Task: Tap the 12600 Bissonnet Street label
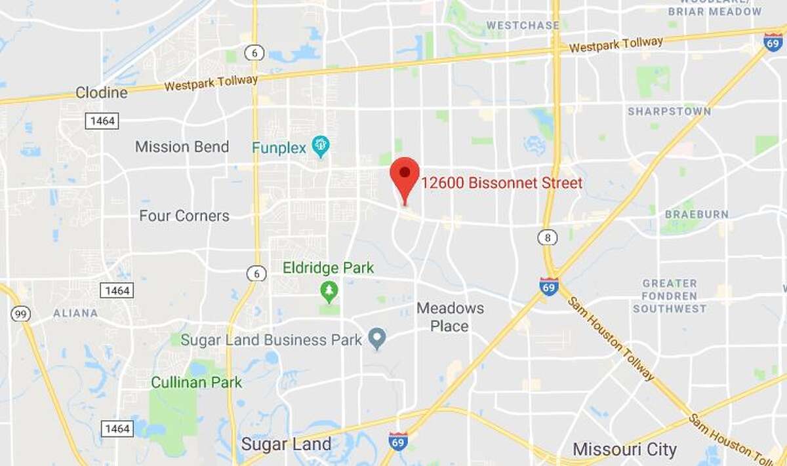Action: (502, 184)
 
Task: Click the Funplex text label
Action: (279, 148)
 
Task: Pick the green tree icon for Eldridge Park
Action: (329, 289)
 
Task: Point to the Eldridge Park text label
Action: (328, 268)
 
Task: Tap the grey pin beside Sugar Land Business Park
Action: (376, 339)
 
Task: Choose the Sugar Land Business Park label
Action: (271, 340)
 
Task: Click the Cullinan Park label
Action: (196, 382)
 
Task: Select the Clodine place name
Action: (101, 92)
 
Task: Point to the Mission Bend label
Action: (182, 147)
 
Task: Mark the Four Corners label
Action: (184, 216)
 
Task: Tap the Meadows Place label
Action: (450, 317)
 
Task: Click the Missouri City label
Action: (624, 450)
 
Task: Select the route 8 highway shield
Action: (547, 237)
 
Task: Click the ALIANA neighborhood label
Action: (75, 313)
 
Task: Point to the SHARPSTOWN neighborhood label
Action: (669, 111)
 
